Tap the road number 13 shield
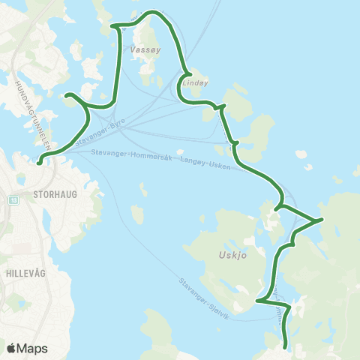(13, 200)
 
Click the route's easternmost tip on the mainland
(321, 219)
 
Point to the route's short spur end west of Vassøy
(67, 95)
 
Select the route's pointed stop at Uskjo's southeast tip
(257, 301)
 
